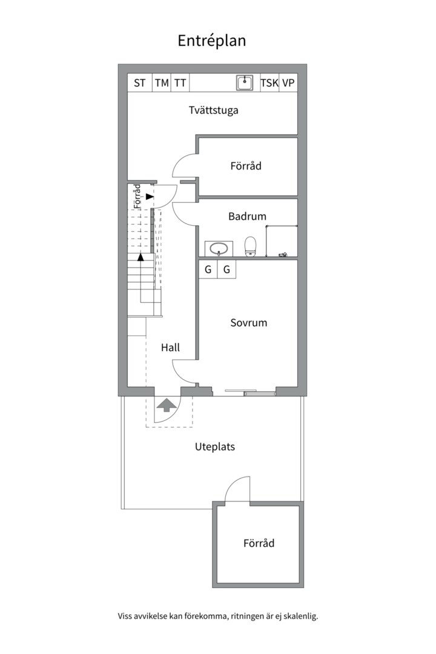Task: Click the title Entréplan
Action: [211, 41]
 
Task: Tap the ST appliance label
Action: [139, 83]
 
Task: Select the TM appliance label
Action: [161, 83]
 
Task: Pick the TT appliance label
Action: [180, 83]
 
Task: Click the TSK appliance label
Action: [269, 83]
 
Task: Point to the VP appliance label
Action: [288, 83]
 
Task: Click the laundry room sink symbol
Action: [245, 83]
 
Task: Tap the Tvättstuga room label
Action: [213, 110]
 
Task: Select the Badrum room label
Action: [247, 216]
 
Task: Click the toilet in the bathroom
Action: [250, 246]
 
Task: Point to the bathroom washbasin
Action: [217, 248]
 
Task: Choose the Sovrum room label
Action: [248, 323]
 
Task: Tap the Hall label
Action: [170, 348]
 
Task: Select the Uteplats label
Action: [214, 447]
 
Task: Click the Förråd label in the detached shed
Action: [259, 543]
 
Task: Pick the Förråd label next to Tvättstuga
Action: [246, 165]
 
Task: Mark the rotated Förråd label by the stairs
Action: [137, 197]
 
